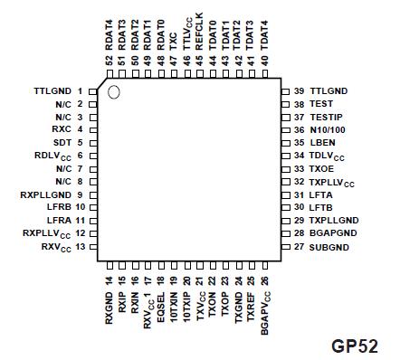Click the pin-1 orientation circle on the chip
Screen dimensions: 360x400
pyautogui.click(x=114, y=92)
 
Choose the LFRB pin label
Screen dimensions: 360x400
pyautogui.click(x=61, y=207)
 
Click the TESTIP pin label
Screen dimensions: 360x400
pyautogui.click(x=326, y=118)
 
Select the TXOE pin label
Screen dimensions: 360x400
pyautogui.click(x=321, y=169)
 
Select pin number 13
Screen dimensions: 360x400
pyautogui.click(x=80, y=246)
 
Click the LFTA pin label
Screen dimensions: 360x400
pyautogui.click(x=321, y=194)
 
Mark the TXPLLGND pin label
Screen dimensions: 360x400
pyautogui.click(x=334, y=220)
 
